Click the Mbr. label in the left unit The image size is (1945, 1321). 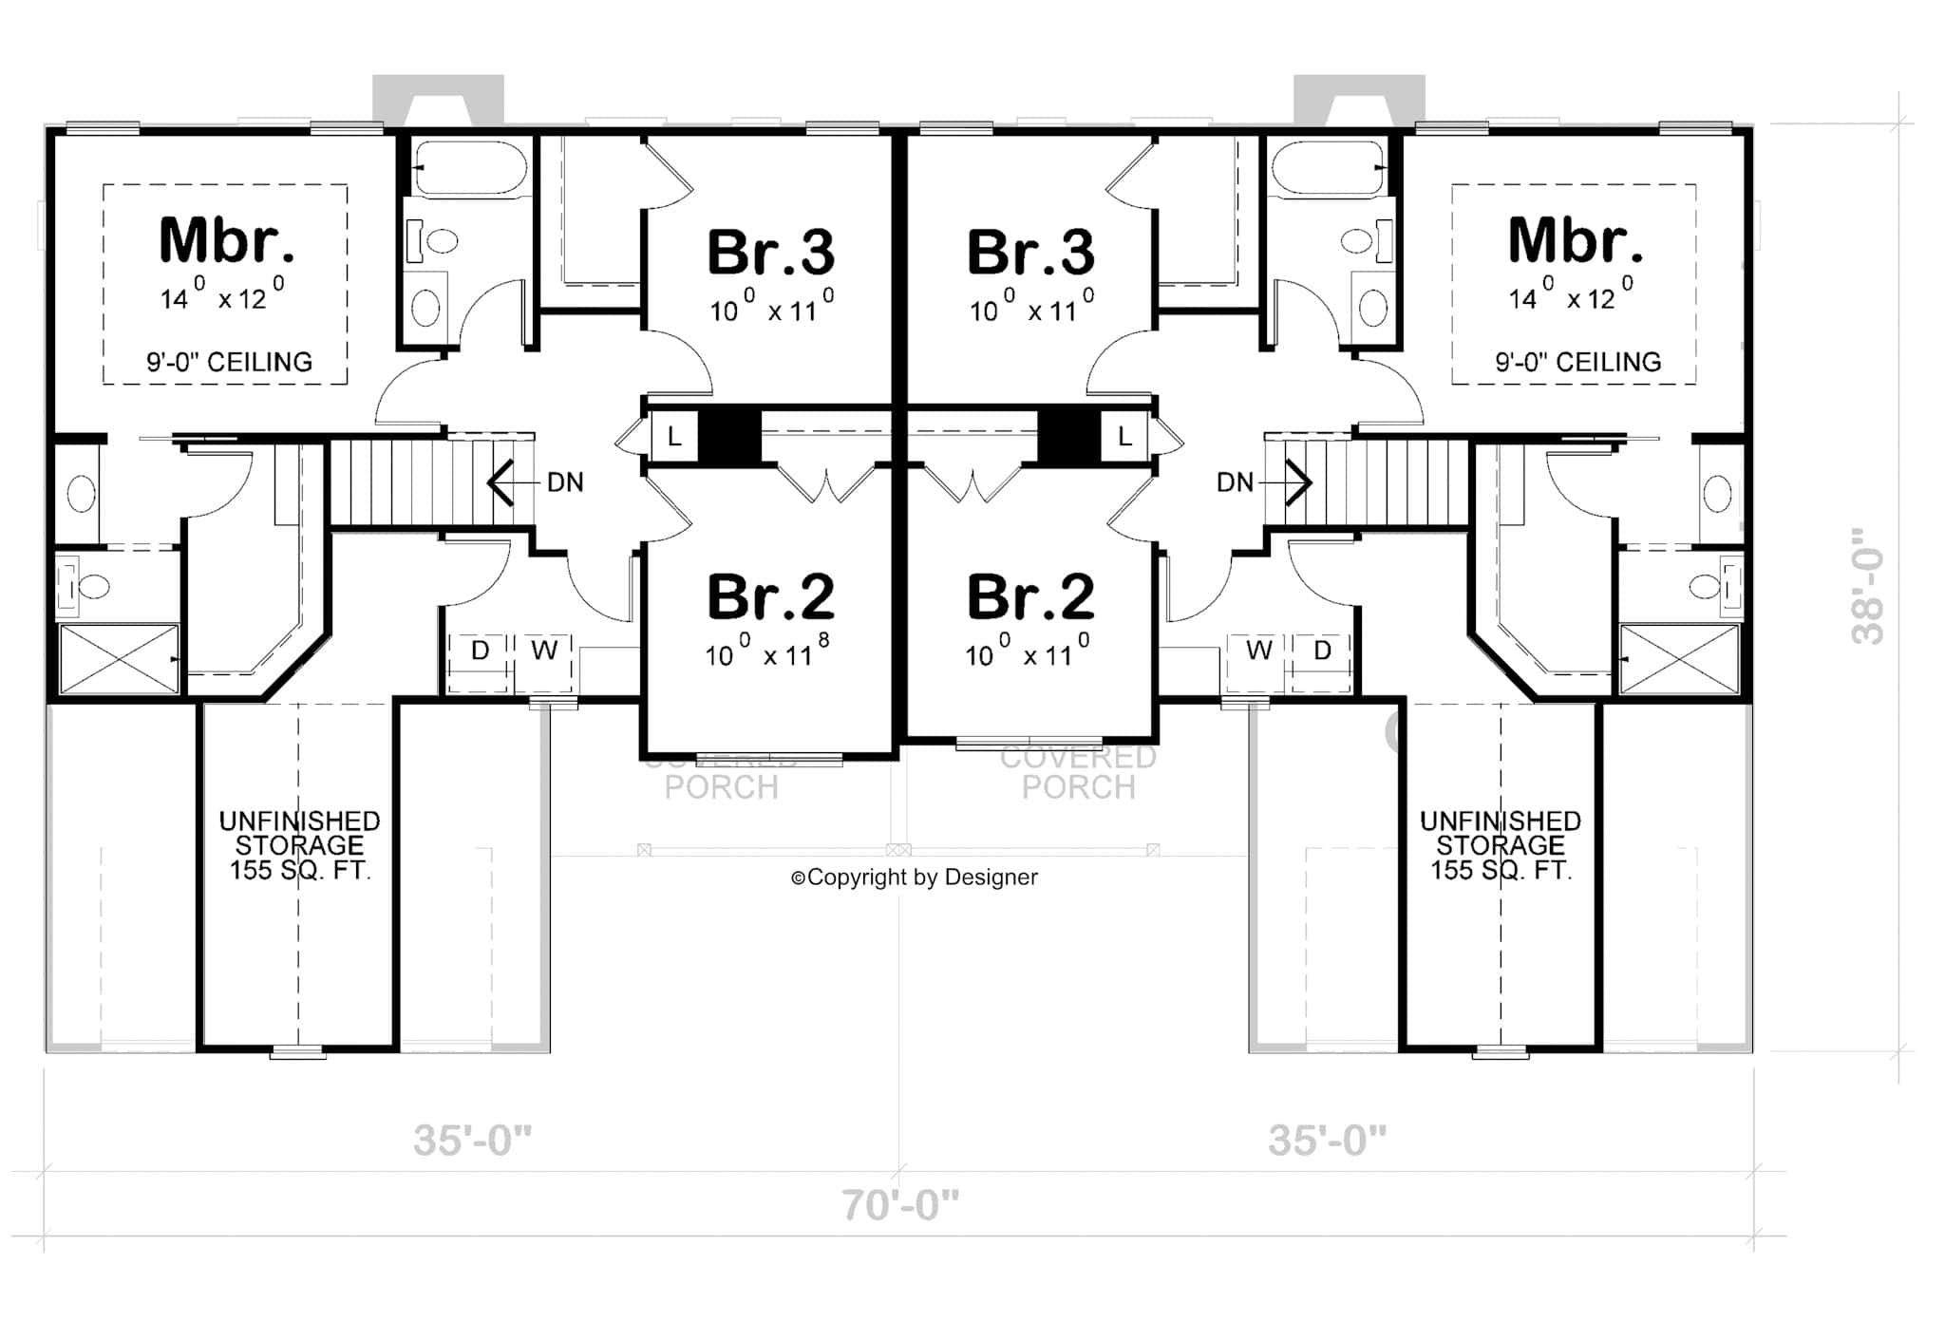(x=226, y=241)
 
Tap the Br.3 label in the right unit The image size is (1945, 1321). (x=1030, y=253)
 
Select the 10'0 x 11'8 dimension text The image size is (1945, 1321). (x=767, y=653)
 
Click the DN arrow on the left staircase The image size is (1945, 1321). (x=501, y=482)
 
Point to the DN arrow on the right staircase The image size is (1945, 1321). (x=1297, y=482)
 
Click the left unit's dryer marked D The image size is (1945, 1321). (x=480, y=651)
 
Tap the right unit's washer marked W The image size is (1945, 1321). (x=1258, y=651)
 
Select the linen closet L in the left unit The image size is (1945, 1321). (x=674, y=437)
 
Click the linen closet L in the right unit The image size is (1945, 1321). (x=1124, y=437)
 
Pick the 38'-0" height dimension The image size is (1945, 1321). (x=1868, y=587)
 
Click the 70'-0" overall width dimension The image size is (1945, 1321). (x=899, y=1205)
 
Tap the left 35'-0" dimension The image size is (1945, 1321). (x=472, y=1140)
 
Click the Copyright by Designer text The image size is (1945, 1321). (x=915, y=878)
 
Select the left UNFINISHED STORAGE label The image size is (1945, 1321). (x=299, y=845)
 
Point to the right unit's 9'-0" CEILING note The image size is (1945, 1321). (x=1577, y=362)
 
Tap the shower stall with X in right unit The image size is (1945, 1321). (x=1679, y=658)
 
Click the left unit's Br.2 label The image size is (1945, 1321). (x=770, y=597)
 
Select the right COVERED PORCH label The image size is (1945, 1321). (x=1078, y=772)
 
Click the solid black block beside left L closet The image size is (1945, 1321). (x=729, y=437)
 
